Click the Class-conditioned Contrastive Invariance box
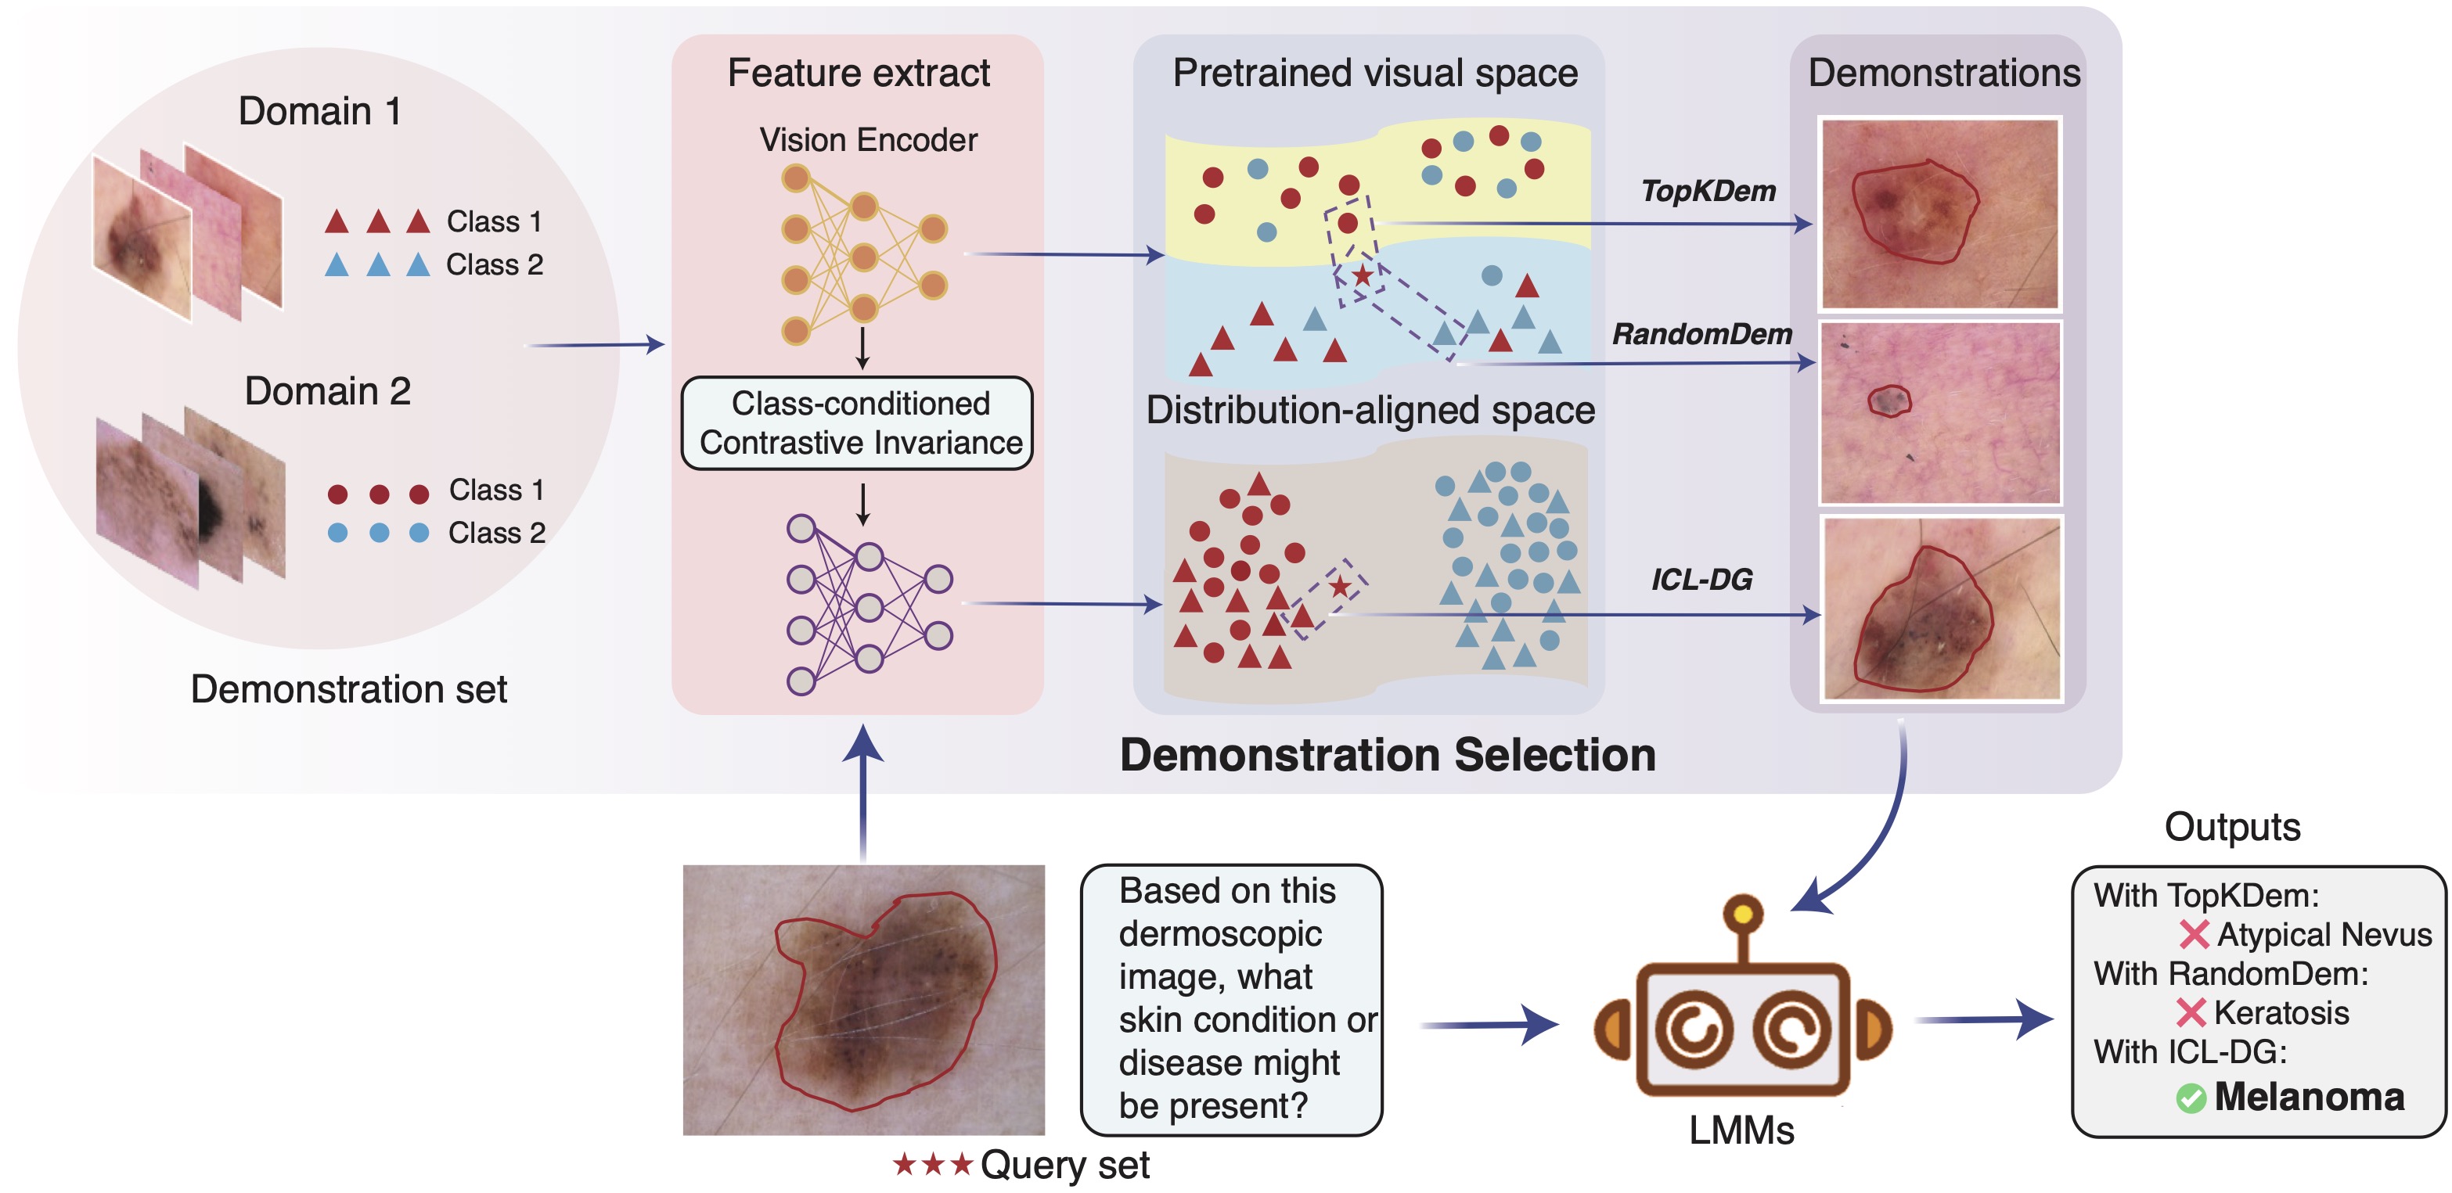point(858,423)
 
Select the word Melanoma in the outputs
point(2308,1097)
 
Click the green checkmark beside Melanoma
point(2191,1099)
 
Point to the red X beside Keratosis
point(2191,1013)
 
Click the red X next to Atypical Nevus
point(2193,935)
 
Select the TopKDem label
point(1708,191)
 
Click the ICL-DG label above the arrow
point(1701,580)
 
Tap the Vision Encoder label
point(867,140)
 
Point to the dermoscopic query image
point(863,999)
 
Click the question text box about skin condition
point(1231,999)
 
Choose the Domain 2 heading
point(326,391)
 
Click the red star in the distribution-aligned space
point(1340,586)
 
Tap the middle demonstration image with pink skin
point(1939,414)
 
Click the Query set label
point(1064,1165)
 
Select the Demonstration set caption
point(348,688)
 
